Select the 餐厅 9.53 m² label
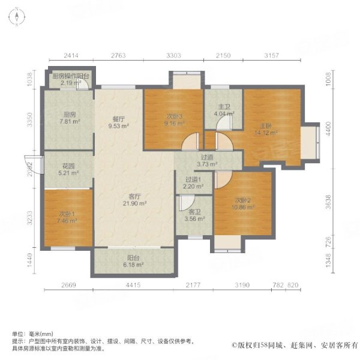pos(117,122)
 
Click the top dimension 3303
pos(173,56)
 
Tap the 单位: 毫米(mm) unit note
pos(33,334)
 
